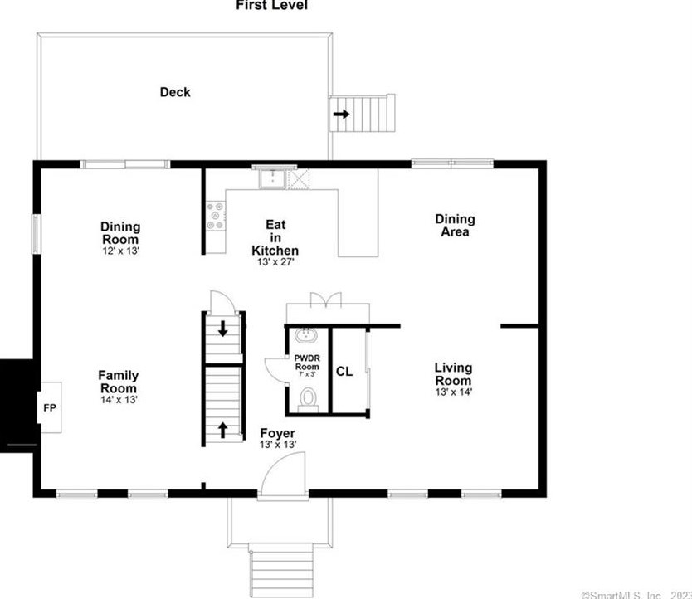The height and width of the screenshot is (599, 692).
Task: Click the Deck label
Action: tap(175, 92)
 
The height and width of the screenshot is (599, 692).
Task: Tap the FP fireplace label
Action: tap(48, 407)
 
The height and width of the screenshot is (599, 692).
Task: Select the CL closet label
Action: tap(344, 372)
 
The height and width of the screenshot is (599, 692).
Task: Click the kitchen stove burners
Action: tap(216, 216)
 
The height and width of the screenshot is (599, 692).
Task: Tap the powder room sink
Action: tap(306, 336)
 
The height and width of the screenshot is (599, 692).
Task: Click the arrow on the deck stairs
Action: tap(340, 114)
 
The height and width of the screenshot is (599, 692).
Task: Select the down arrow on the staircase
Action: tap(222, 328)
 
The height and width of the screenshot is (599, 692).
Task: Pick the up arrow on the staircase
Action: tap(222, 429)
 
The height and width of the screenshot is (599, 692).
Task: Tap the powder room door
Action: tap(275, 371)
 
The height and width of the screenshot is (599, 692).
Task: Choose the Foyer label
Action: tap(277, 433)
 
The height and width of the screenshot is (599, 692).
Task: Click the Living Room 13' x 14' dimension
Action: tap(454, 392)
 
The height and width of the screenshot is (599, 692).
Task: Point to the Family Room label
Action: tap(119, 382)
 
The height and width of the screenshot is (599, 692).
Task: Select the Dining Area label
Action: tap(455, 225)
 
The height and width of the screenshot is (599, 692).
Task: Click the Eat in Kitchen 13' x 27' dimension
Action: tap(275, 262)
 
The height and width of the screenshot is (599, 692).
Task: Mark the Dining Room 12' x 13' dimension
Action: tap(120, 249)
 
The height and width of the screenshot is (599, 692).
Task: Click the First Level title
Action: tap(272, 6)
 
